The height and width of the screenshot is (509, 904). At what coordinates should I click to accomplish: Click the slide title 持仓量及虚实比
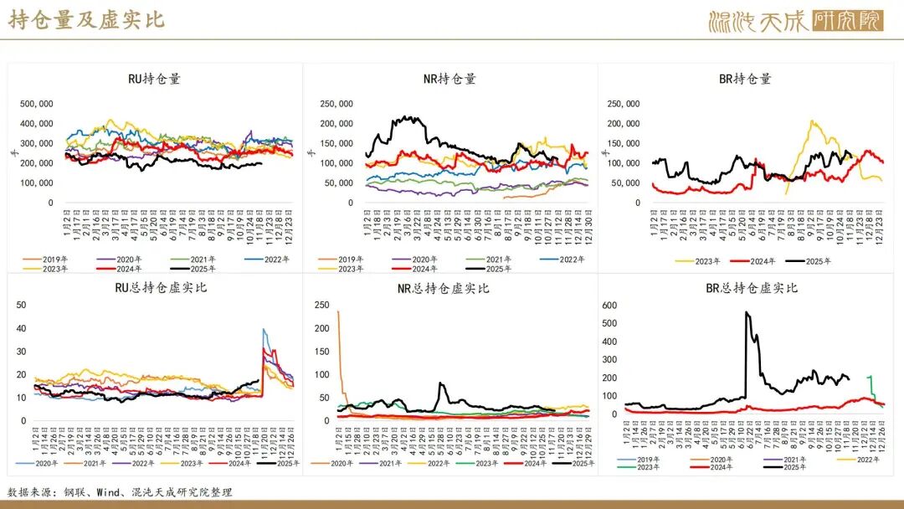86,20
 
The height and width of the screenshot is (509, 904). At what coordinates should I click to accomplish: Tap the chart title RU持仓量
154,80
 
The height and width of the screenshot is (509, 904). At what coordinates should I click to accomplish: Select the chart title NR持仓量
449,80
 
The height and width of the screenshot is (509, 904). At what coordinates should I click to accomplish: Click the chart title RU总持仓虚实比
154,289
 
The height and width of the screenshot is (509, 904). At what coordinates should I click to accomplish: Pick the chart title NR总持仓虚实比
449,289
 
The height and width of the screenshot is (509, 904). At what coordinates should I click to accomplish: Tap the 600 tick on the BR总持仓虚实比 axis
609,305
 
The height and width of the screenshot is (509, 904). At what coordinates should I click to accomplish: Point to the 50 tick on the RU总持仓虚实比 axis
23,305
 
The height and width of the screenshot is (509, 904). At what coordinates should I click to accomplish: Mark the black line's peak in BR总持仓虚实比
746,312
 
